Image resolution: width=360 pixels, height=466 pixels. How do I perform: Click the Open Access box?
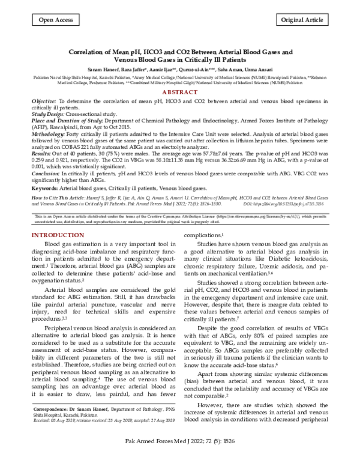(x=52, y=20)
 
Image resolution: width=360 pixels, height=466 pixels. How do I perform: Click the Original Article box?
(x=306, y=20)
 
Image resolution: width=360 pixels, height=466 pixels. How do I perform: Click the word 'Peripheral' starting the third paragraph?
(x=59, y=329)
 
